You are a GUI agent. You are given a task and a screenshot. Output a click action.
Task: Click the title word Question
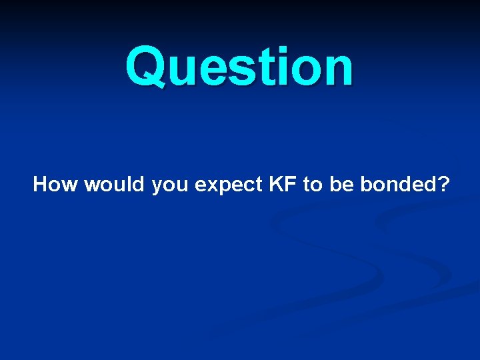coord(239,67)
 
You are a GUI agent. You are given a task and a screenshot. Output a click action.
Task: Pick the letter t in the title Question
coord(259,69)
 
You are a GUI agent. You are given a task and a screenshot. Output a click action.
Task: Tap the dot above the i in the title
coord(275,50)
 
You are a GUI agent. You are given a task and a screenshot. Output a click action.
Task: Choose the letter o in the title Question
coord(299,71)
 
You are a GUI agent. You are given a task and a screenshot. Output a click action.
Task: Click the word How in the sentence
coord(55,185)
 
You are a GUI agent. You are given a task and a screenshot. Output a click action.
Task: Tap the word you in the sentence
coord(171,187)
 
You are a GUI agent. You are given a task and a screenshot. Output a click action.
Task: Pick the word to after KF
coord(312,185)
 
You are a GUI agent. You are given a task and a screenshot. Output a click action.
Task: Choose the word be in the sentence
coord(341,185)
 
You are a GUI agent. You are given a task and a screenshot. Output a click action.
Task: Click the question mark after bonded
coord(444,185)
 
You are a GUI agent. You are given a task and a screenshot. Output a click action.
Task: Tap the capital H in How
coord(41,185)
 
